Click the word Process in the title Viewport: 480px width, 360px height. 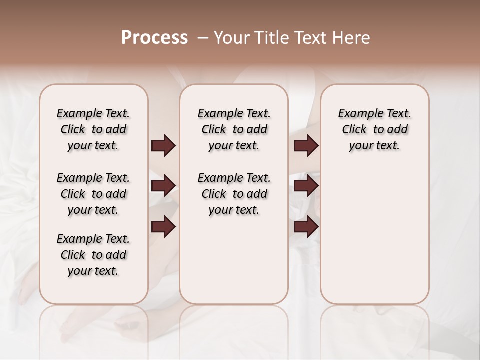[154, 38]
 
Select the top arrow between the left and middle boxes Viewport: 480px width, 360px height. [163, 146]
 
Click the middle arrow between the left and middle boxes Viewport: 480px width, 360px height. [163, 186]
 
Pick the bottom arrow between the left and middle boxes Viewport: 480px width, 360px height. [163, 227]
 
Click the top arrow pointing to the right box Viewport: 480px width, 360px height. [306, 146]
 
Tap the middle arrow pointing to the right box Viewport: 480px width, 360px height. [306, 186]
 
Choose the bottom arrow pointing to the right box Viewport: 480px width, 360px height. [306, 227]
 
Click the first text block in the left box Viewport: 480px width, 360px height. [93, 129]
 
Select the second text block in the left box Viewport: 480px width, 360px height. [93, 194]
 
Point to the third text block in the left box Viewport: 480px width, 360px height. [93, 255]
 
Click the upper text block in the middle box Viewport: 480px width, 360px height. [234, 129]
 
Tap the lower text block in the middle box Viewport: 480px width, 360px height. [234, 194]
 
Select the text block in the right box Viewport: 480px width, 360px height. [374, 129]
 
